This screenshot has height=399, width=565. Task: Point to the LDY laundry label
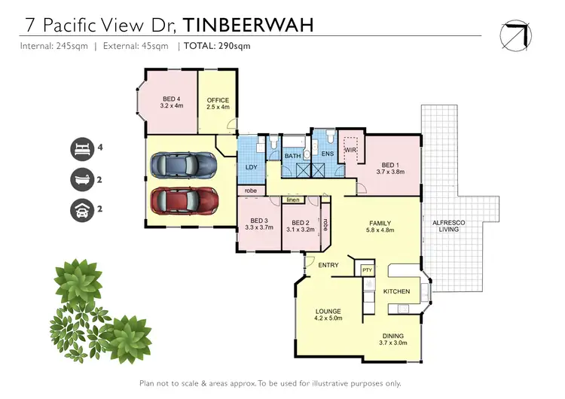(x=251, y=167)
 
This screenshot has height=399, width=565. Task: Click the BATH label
(x=292, y=156)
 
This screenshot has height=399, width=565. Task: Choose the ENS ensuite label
(x=327, y=154)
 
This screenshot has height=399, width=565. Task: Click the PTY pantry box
(x=367, y=270)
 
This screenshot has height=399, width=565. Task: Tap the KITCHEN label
(x=396, y=291)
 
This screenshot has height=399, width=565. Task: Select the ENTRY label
(x=328, y=265)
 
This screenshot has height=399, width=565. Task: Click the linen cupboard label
(x=293, y=200)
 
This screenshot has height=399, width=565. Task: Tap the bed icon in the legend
(x=81, y=149)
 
